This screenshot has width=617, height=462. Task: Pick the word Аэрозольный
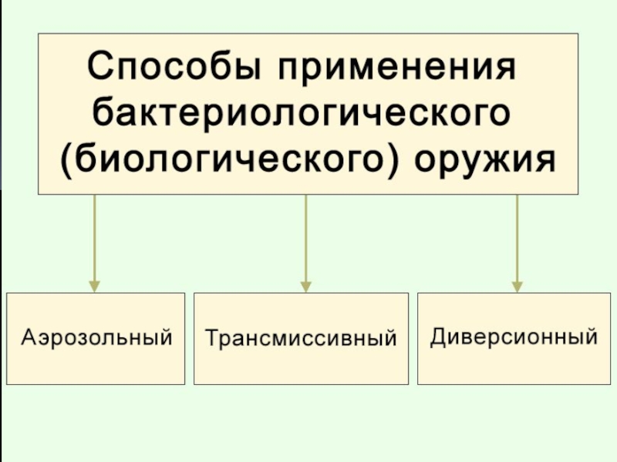[x=96, y=337]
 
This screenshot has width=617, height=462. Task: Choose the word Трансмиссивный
[x=301, y=338]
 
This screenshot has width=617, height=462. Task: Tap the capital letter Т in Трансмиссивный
[x=211, y=337]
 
